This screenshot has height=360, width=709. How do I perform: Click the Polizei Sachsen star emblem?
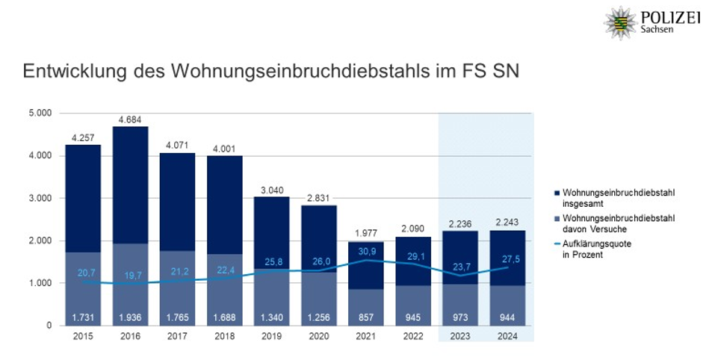pos(620,23)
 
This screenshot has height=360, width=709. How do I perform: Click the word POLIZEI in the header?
pos(669,17)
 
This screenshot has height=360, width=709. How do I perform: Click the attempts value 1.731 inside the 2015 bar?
pos(83,317)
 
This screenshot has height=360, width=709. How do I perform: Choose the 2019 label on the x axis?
pos(272,336)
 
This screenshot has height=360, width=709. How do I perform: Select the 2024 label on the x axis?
pos(508,336)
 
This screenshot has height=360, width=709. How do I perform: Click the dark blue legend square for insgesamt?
pos(555,193)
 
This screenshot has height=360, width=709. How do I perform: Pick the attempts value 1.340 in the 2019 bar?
pos(272,317)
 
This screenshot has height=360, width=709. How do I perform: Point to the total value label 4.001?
pos(224,148)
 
